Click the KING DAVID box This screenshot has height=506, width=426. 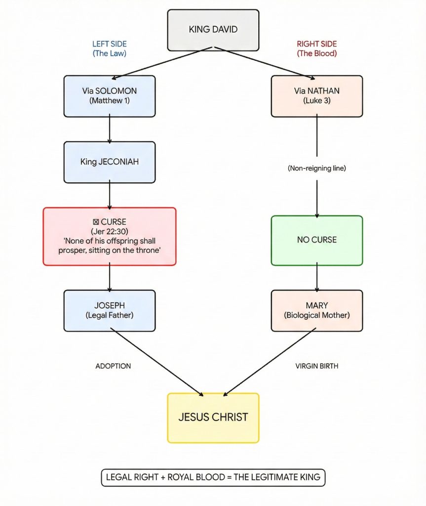(x=213, y=30)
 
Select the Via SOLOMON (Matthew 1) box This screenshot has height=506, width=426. (x=109, y=96)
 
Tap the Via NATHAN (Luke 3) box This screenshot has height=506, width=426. (x=316, y=96)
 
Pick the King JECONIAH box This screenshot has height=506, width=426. (x=109, y=162)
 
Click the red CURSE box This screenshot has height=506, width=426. (x=109, y=236)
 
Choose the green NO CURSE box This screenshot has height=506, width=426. (x=316, y=240)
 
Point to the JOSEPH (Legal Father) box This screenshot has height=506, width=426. (x=109, y=310)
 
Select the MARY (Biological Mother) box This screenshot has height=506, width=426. (x=316, y=310)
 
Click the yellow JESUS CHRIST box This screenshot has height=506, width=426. (x=213, y=418)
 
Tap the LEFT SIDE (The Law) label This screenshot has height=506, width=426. (x=109, y=48)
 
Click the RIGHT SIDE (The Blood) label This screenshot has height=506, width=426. (x=316, y=48)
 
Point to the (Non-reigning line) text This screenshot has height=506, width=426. (x=316, y=169)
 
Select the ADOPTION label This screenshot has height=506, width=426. (x=113, y=366)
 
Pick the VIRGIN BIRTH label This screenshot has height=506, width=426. (x=316, y=366)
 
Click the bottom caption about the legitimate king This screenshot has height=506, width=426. (x=213, y=477)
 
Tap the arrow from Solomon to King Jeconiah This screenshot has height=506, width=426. (x=109, y=129)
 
